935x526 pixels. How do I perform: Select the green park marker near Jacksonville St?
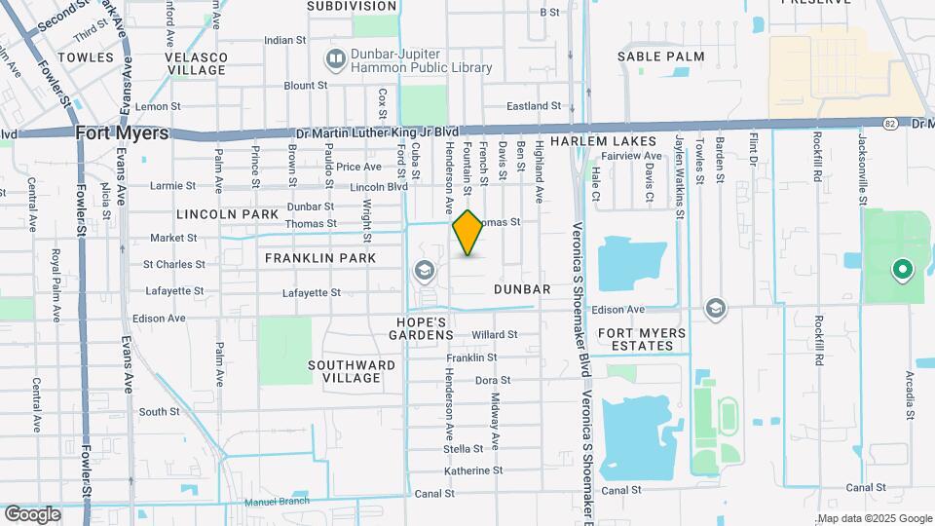click(902, 269)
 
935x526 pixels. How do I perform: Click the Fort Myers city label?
click(123, 133)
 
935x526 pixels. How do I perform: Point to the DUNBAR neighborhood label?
click(522, 289)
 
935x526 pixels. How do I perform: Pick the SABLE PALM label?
click(660, 56)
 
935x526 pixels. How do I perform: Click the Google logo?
click(32, 513)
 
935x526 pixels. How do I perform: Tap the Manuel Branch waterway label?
click(278, 501)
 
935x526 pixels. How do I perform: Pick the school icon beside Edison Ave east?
click(717, 309)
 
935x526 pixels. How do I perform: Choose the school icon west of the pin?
click(425, 270)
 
